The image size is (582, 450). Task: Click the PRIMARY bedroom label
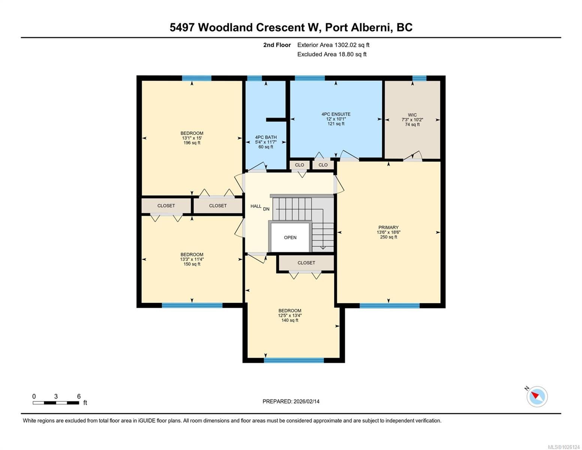pos(388,227)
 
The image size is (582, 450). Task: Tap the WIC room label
pos(412,115)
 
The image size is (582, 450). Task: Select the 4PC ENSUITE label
pos(336,114)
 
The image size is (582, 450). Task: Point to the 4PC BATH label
pos(266,137)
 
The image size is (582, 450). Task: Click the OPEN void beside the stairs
pos(290,237)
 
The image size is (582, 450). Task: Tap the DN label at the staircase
pos(266,209)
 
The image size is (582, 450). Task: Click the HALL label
pos(256,206)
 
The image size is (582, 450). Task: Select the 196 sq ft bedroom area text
pos(192,143)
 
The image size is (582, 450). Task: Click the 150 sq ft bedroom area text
pos(192,264)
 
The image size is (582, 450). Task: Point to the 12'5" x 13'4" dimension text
pos(290,315)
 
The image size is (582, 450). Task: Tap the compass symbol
pos(537,396)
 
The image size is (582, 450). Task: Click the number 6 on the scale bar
pos(79,396)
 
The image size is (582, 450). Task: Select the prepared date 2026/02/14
pos(307,402)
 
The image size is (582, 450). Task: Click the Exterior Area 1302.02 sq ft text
pos(333,45)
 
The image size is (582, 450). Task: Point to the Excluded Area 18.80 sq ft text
pos(332,54)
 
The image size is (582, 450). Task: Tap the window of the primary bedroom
pos(389,306)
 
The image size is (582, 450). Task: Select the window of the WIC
pos(419,78)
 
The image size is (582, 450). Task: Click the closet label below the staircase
pos(306,263)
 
